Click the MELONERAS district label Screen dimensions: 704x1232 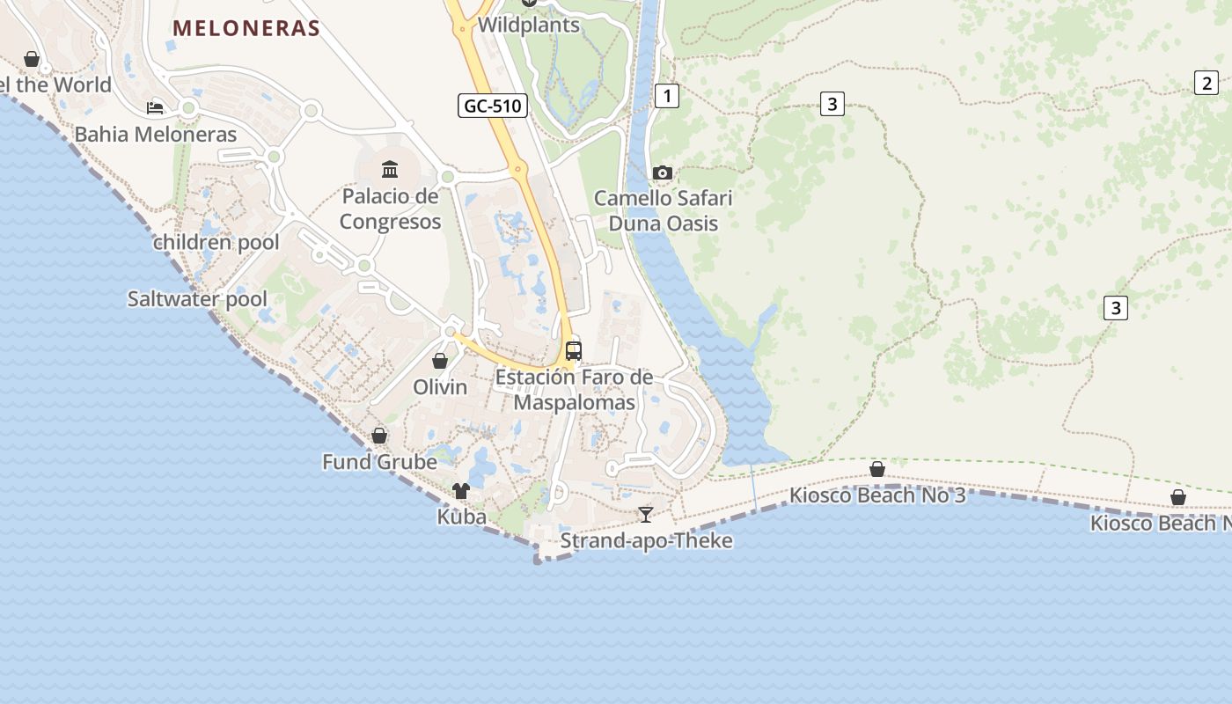tap(246, 28)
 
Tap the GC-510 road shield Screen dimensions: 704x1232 tap(493, 106)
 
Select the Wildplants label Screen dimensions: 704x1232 tap(529, 25)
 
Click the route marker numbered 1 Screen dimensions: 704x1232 tap(667, 95)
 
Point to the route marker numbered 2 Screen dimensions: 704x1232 tap(1206, 84)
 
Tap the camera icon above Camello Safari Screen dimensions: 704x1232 tap(663, 172)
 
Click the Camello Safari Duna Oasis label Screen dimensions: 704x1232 tap(664, 210)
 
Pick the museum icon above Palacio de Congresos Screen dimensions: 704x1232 tap(390, 169)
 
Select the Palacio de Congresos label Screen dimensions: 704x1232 tap(390, 209)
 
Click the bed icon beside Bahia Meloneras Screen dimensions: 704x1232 tap(155, 108)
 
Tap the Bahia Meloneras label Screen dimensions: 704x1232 tap(156, 135)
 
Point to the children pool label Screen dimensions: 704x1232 tap(216, 243)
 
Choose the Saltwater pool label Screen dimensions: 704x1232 tap(197, 299)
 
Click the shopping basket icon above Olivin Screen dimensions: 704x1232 tap(440, 361)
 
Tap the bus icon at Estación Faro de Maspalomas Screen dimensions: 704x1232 tap(574, 351)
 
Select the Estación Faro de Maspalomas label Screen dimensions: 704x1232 tap(574, 390)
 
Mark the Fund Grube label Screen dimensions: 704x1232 tap(379, 462)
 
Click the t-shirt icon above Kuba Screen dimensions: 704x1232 tap(461, 491)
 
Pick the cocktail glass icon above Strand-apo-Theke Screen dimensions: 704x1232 tap(646, 514)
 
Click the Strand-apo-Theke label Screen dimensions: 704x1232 tap(646, 540)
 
